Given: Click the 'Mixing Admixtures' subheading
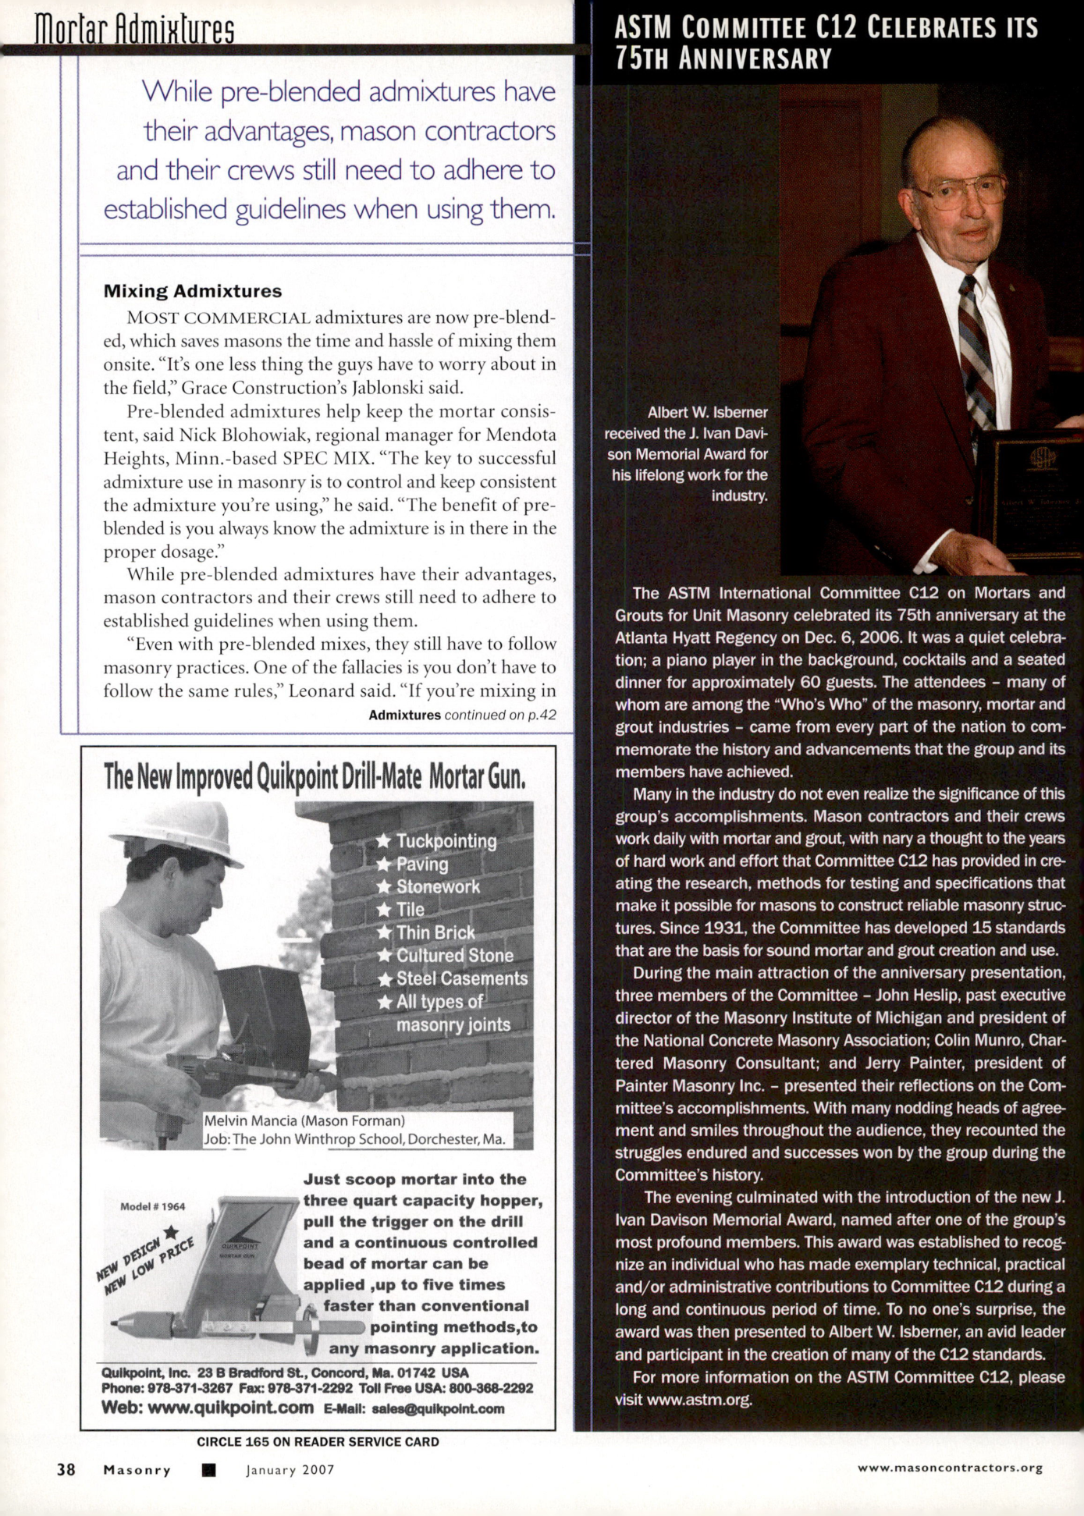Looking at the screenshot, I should [x=193, y=291].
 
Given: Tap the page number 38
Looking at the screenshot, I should [x=66, y=1469].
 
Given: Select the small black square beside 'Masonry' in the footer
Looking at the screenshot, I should [x=208, y=1470].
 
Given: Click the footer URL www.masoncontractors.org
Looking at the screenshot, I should [x=950, y=1468].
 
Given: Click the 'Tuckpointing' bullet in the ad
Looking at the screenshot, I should [x=446, y=841].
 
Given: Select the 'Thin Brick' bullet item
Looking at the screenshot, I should [x=435, y=932].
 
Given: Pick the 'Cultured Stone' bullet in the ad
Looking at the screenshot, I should [x=454, y=955].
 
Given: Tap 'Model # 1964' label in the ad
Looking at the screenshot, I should [x=153, y=1206].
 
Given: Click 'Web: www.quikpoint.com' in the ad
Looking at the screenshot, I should [x=208, y=1408].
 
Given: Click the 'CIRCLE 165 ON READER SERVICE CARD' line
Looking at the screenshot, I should [x=318, y=1442].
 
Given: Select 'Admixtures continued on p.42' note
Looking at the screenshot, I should [x=462, y=715].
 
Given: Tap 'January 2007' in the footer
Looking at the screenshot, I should [x=290, y=1470].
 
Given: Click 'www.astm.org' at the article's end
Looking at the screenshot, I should [x=698, y=1399].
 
